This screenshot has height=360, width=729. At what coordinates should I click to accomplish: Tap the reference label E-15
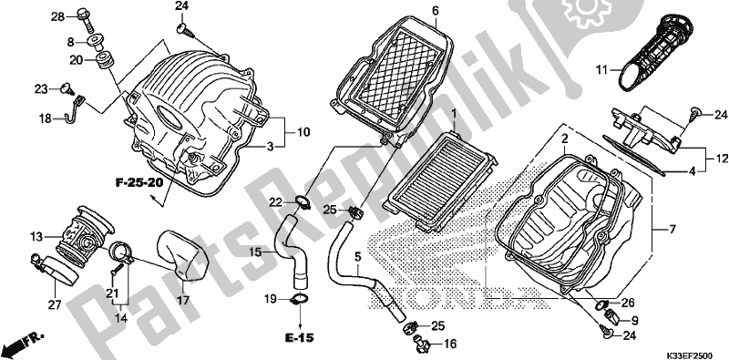point(299,338)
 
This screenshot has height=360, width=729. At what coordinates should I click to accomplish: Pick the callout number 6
point(436,11)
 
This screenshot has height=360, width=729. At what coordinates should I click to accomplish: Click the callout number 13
point(36,237)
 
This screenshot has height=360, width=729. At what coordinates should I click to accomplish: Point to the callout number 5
point(357,257)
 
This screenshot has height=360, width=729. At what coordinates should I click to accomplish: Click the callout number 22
point(274,201)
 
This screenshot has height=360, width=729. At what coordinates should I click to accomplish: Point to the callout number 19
point(272,298)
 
